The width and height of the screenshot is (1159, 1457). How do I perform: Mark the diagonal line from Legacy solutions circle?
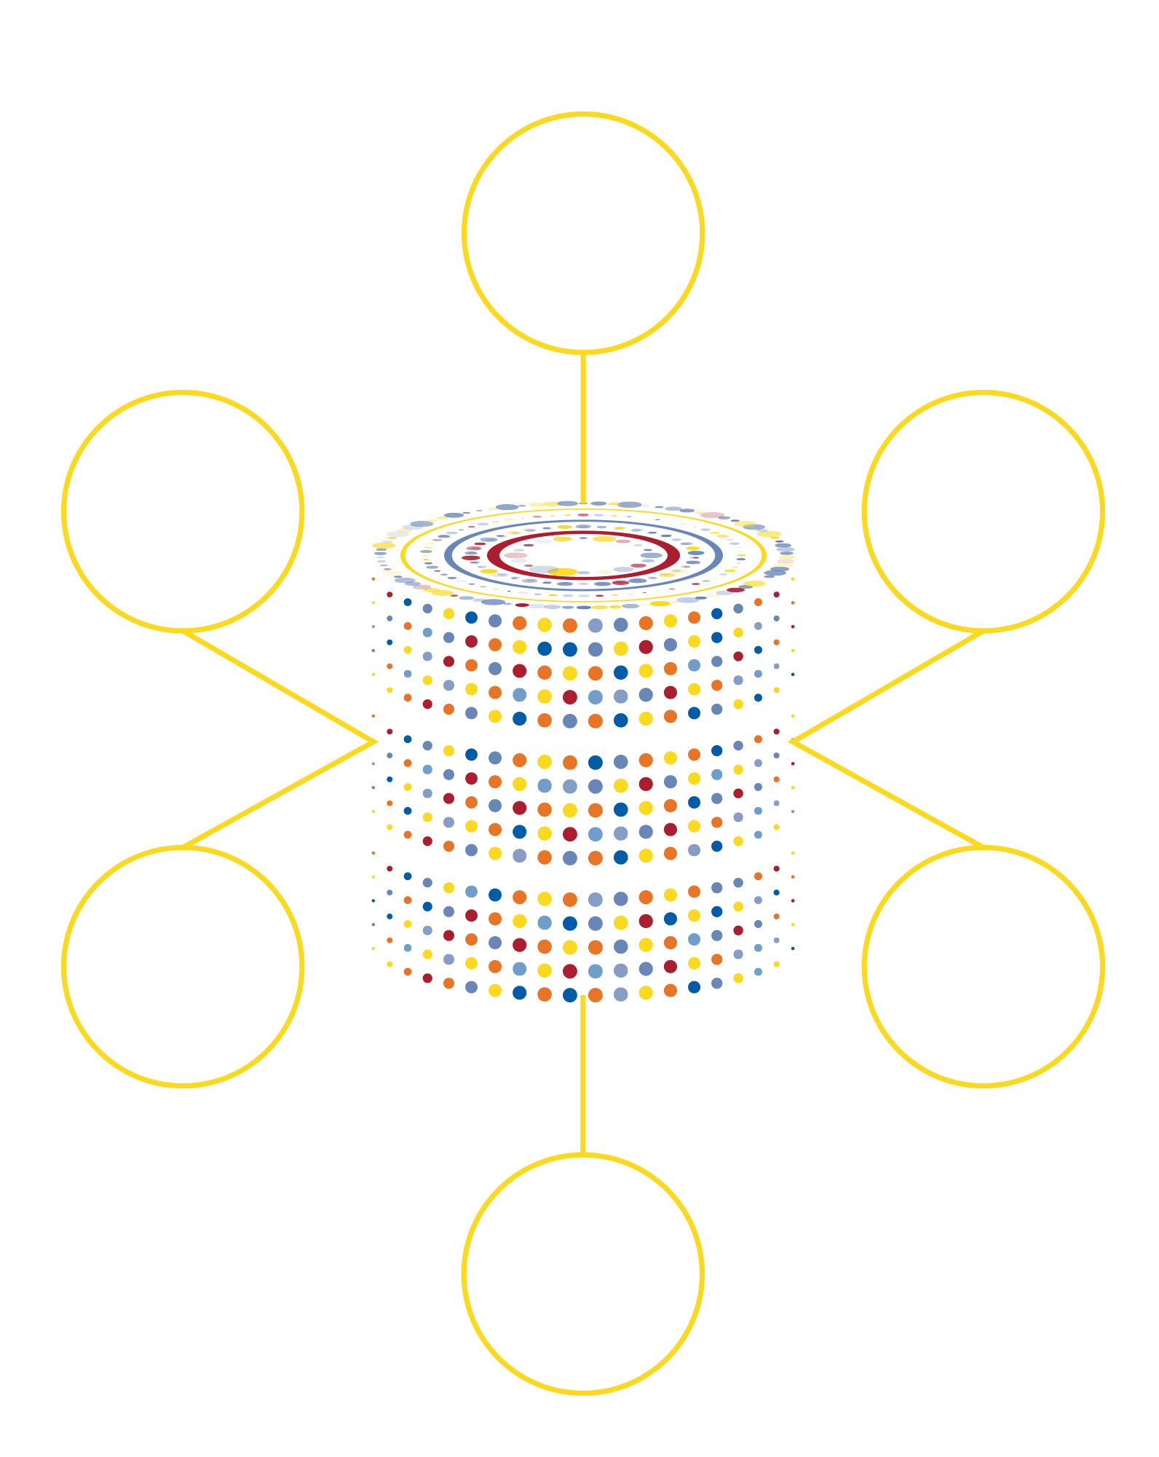click(x=280, y=687)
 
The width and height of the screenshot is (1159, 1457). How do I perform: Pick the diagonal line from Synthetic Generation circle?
click(x=280, y=794)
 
